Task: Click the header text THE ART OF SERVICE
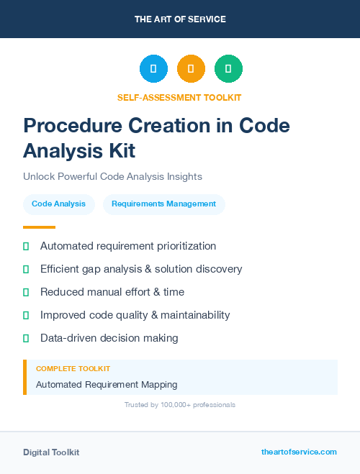(x=180, y=19)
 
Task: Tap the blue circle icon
(x=153, y=69)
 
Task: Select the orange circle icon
(x=191, y=69)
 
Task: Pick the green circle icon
(x=228, y=69)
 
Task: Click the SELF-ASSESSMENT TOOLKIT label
(x=179, y=97)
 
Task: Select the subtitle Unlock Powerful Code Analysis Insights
(x=112, y=176)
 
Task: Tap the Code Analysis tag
(x=58, y=204)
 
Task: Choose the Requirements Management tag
(x=163, y=204)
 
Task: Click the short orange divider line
(x=39, y=227)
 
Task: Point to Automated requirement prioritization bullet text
(x=128, y=246)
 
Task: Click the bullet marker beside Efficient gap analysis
(x=26, y=269)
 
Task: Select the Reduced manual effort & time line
(x=112, y=292)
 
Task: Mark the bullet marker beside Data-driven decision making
(x=26, y=338)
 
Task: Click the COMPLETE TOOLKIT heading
(x=73, y=369)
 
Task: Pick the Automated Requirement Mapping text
(x=107, y=385)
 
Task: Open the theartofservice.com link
(x=299, y=452)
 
